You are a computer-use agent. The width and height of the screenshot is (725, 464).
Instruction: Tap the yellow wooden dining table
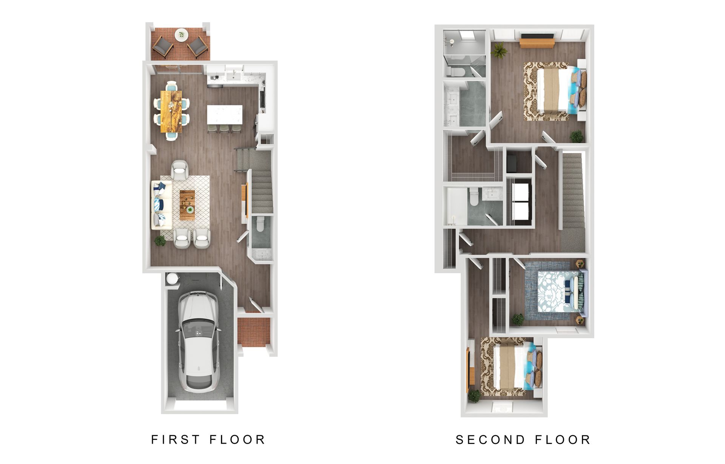(x=171, y=111)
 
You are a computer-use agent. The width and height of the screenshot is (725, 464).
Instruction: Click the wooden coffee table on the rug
(x=187, y=205)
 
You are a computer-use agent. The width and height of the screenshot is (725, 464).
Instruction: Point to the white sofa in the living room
(x=161, y=204)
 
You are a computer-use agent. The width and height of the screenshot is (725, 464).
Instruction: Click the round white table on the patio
(x=181, y=35)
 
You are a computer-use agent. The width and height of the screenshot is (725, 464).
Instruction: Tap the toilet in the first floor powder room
(x=260, y=224)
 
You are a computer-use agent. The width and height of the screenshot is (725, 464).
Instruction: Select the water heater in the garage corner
(x=172, y=278)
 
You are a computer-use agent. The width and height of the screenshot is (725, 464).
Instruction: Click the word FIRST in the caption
(x=175, y=439)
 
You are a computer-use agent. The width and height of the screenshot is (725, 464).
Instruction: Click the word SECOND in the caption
(x=490, y=439)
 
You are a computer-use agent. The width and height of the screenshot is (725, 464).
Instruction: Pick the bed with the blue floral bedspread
(x=559, y=292)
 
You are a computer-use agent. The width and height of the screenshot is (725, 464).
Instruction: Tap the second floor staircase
(x=573, y=196)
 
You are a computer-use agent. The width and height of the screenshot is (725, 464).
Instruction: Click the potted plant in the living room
(x=160, y=240)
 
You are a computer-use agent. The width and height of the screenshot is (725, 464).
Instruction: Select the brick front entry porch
(x=253, y=331)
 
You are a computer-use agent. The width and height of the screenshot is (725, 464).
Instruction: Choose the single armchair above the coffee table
(x=179, y=170)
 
